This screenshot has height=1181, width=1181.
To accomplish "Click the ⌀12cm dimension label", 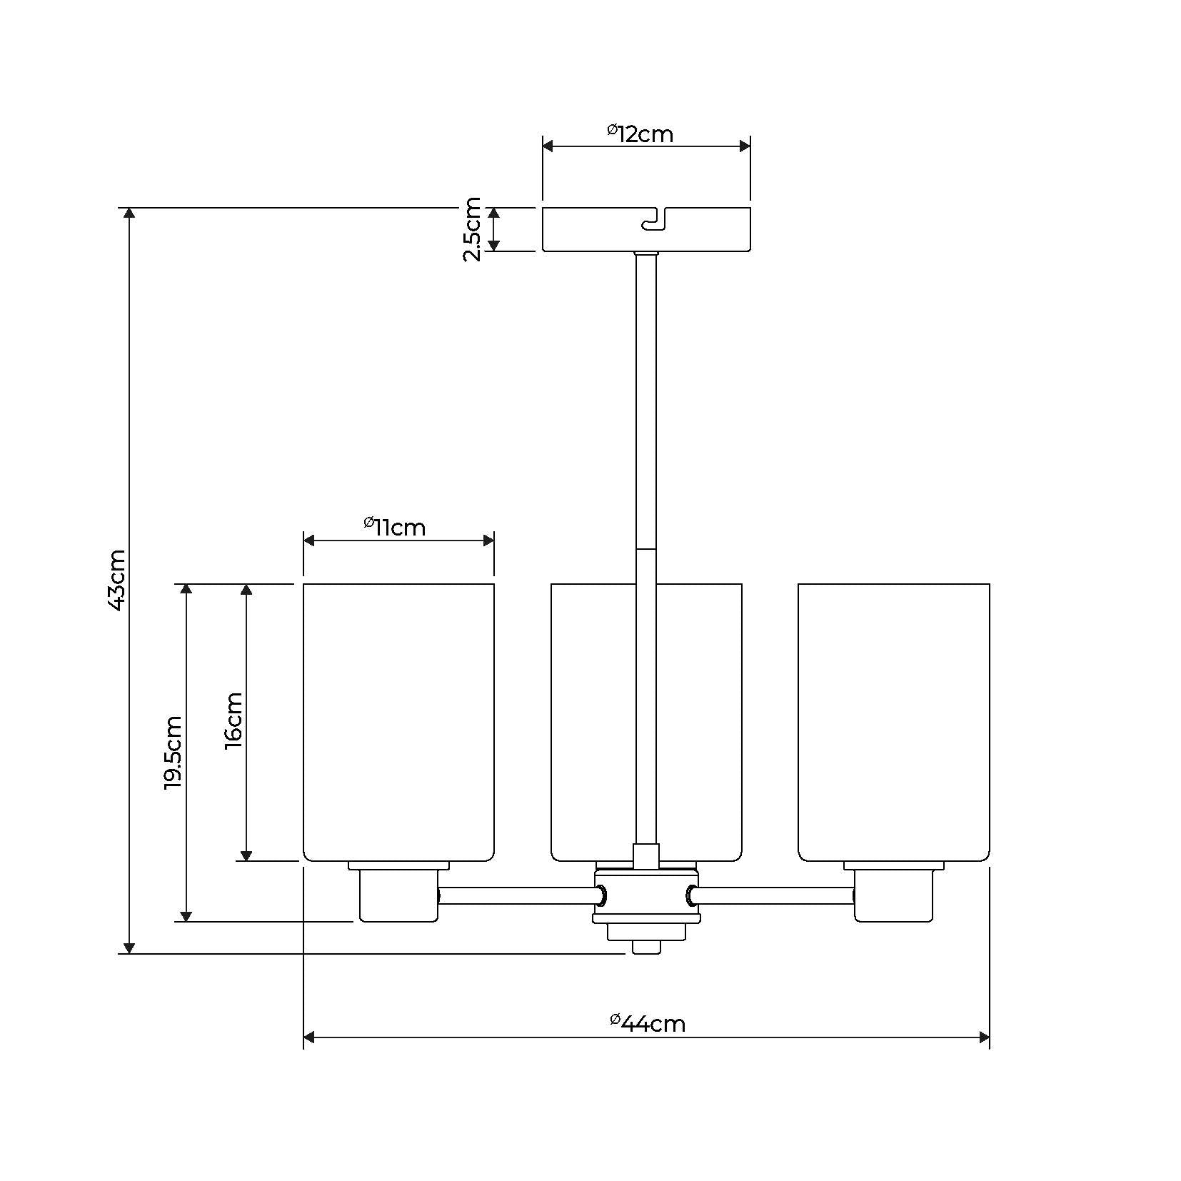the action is (x=640, y=133).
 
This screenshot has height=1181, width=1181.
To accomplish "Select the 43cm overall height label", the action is (x=116, y=580).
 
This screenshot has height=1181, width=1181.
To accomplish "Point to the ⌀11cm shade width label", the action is (x=394, y=526).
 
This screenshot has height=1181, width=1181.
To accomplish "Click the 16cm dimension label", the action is (x=233, y=720).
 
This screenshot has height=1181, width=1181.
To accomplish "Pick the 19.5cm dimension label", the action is (x=173, y=753).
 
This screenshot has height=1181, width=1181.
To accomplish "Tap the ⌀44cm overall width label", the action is (x=648, y=1023).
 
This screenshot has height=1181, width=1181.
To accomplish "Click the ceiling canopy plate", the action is (x=646, y=229).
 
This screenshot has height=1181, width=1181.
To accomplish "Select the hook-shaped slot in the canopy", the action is (x=655, y=220).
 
